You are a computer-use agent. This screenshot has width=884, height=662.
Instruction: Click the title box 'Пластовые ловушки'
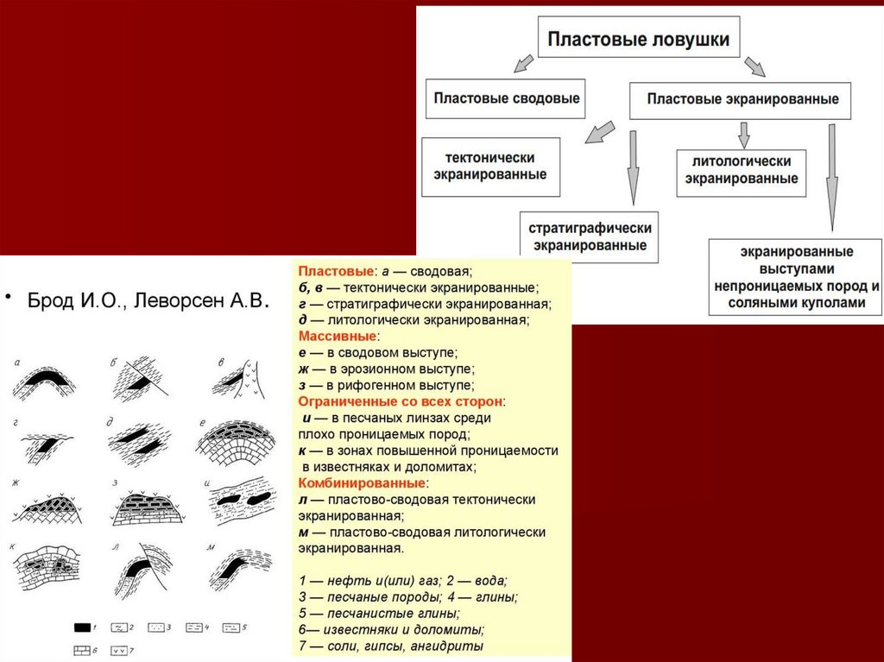coord(639,39)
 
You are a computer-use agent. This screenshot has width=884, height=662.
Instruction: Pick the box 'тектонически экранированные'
coord(489,166)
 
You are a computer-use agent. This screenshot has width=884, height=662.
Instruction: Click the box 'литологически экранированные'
coord(742,170)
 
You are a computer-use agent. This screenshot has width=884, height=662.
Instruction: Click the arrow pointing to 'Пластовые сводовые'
coord(523,63)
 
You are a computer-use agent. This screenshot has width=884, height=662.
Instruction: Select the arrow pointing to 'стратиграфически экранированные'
coord(633,168)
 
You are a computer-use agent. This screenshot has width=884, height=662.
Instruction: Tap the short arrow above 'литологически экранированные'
coord(743,134)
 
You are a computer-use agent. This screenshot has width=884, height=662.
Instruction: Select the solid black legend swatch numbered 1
coord(83,626)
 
